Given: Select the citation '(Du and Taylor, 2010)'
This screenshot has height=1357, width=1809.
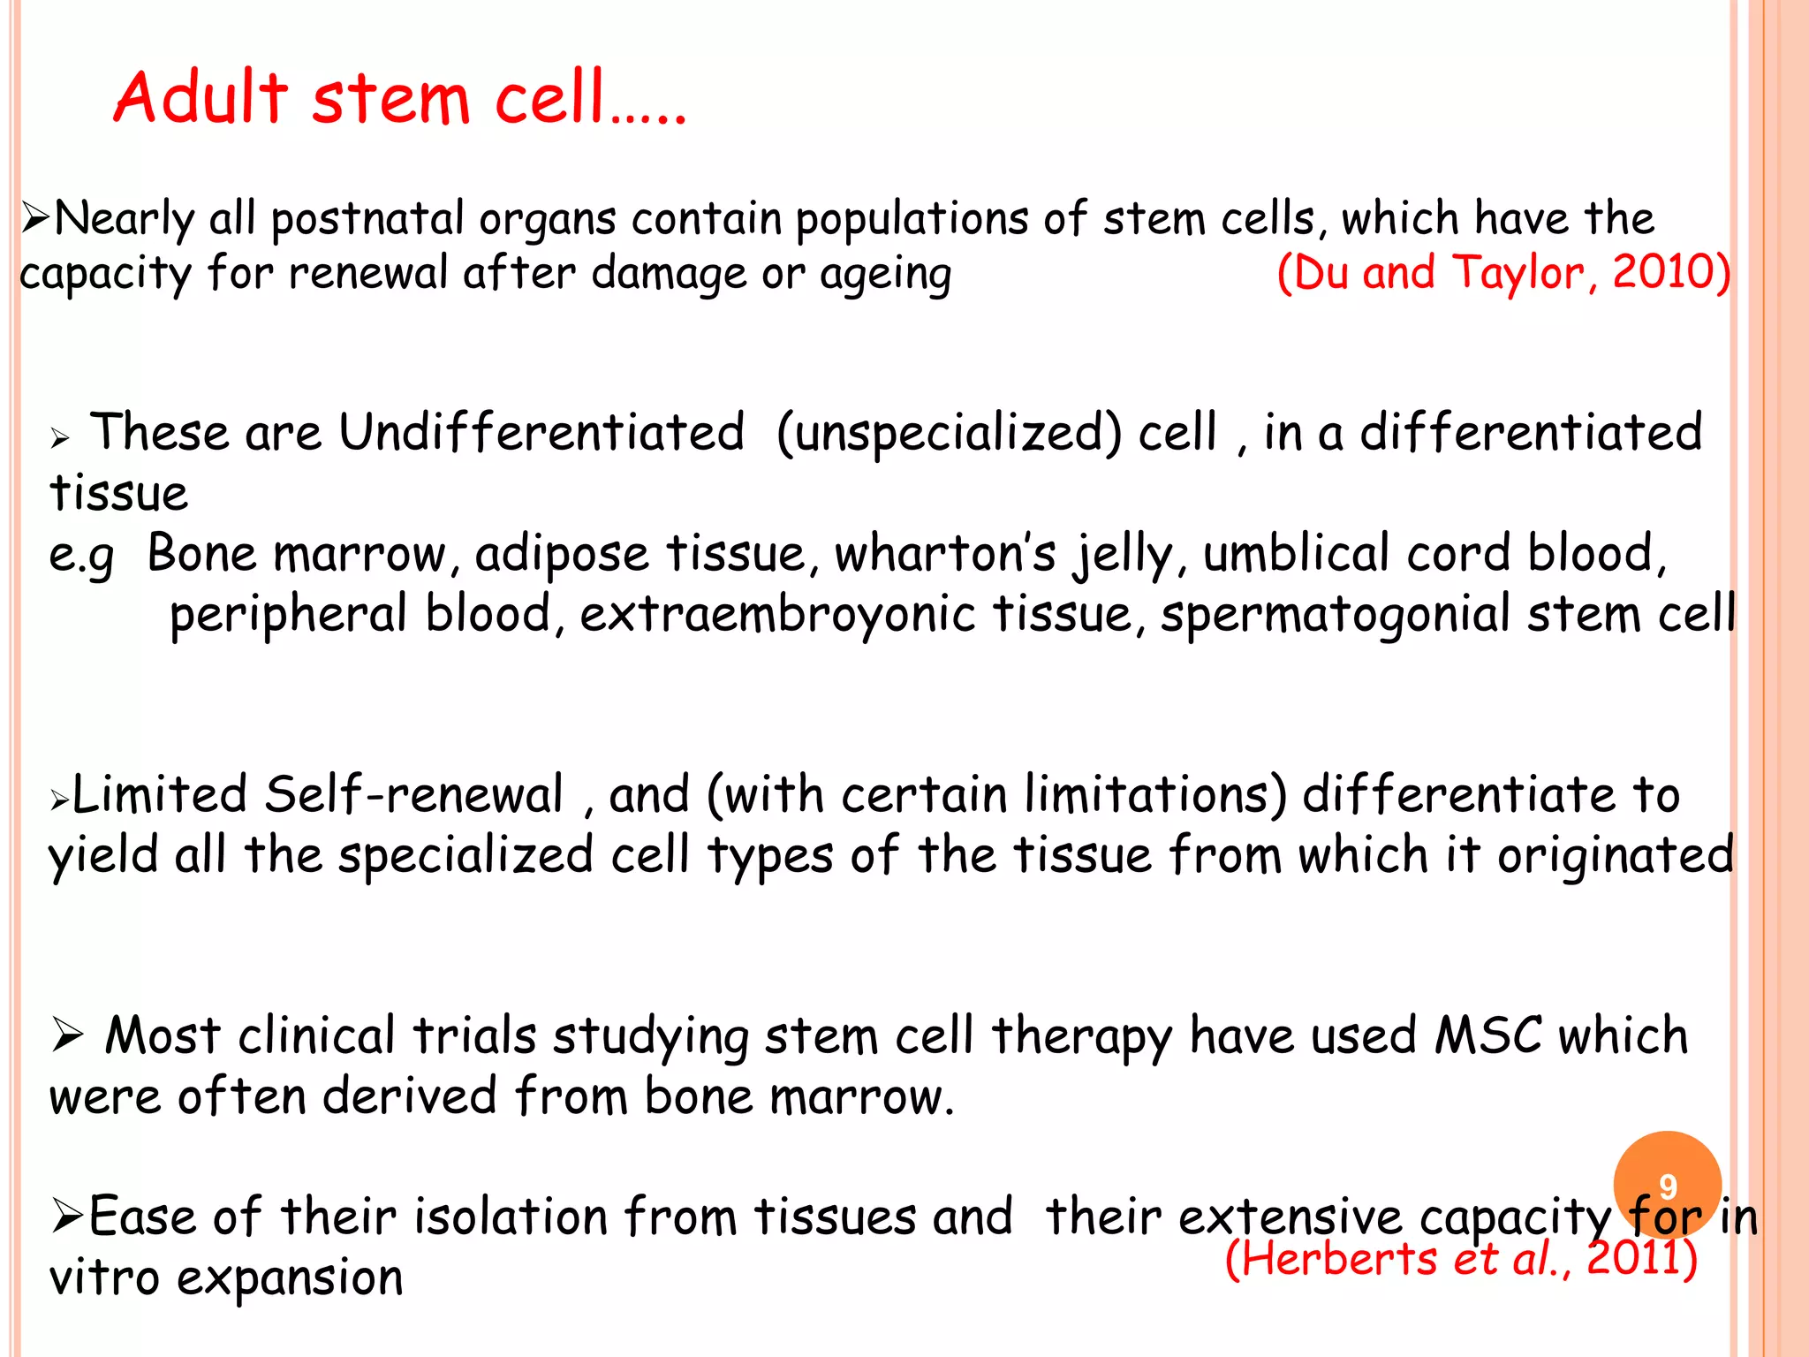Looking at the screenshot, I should [1503, 272].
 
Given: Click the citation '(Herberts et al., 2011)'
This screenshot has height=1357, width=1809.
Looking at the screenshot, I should [1461, 1258].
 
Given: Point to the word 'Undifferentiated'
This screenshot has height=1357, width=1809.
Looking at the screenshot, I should [541, 433].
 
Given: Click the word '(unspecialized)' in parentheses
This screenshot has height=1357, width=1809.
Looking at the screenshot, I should [950, 433].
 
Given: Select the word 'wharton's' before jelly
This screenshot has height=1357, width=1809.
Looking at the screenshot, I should [945, 555].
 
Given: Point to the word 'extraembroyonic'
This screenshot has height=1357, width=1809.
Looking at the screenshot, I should [777, 615].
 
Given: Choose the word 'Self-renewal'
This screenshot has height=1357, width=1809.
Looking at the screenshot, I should [413, 794].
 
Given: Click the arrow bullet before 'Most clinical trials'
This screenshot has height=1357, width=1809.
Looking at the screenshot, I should [67, 1035].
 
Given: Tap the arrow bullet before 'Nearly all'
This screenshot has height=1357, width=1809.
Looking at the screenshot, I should [35, 217].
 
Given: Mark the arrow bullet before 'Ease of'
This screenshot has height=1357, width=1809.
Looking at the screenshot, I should [67, 1217].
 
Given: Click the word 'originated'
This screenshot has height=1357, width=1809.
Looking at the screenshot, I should [1615, 855].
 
